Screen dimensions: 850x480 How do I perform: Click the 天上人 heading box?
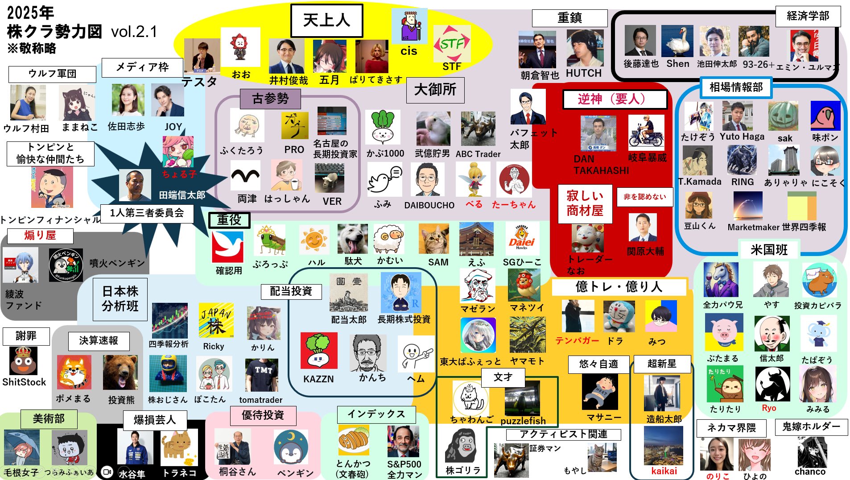(326, 21)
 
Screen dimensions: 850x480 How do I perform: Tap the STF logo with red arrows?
(452, 44)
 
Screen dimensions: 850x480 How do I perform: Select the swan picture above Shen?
(677, 41)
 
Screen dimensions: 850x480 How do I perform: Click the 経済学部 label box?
(808, 17)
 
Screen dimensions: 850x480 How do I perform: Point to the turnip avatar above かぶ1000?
(383, 128)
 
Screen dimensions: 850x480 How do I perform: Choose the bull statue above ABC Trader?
(478, 129)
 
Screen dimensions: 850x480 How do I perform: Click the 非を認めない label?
(644, 197)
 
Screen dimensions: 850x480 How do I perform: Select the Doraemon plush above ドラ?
(619, 316)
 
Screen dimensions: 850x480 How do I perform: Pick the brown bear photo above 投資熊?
(120, 373)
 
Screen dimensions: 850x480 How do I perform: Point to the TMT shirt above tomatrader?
(262, 375)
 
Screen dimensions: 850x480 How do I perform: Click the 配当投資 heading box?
(291, 291)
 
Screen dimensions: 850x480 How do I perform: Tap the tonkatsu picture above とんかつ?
(353, 441)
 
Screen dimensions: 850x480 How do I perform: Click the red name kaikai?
(664, 471)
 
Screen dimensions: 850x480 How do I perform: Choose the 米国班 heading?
(769, 250)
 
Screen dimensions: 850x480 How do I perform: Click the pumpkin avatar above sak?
(783, 116)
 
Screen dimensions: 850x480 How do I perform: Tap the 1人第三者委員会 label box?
(147, 213)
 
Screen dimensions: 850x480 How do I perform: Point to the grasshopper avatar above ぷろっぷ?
(270, 240)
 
